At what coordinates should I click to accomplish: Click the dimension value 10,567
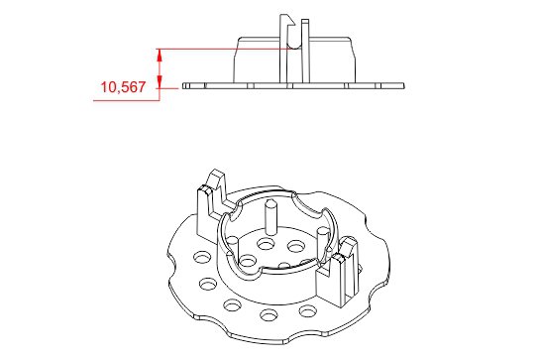123,88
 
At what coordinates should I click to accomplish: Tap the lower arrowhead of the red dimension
162,84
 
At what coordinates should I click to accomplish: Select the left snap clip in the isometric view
209,198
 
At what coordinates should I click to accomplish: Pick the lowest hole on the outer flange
269,317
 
